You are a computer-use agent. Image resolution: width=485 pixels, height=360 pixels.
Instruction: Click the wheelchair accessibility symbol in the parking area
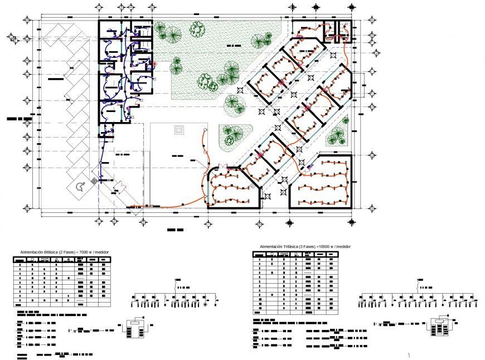(x=80, y=187)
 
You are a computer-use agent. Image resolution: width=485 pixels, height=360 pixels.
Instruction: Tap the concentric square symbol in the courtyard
(x=179, y=130)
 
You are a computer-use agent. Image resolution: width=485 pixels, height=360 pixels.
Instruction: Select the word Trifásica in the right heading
(x=292, y=246)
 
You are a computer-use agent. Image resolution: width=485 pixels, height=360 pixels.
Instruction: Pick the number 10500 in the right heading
(x=324, y=246)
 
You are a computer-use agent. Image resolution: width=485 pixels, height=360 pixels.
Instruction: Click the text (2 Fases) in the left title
(x=67, y=252)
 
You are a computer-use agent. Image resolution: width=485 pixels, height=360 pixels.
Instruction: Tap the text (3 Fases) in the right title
(x=309, y=246)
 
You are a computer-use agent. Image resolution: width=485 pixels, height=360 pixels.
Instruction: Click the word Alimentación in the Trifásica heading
(x=271, y=246)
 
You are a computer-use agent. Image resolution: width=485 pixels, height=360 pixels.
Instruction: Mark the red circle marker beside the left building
(x=155, y=64)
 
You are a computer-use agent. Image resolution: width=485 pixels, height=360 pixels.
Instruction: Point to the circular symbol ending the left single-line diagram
(x=205, y=304)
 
